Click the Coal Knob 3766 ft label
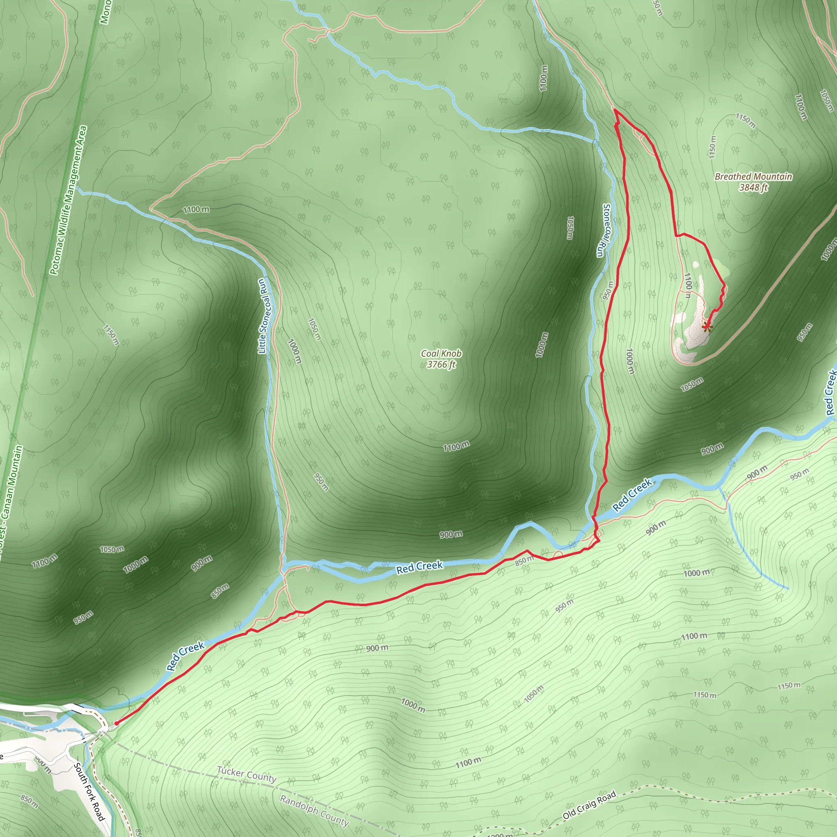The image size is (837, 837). pos(441,359)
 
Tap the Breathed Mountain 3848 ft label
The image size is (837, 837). pos(753,182)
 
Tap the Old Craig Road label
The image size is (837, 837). pos(589,805)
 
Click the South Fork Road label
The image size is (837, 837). pos(89,792)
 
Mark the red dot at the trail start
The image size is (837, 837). pos(116,723)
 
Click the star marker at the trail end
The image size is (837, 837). pos(707,326)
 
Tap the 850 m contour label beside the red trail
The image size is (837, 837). pos(524,561)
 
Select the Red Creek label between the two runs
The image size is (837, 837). pos(419,567)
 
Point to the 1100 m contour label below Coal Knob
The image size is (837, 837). pos(456,446)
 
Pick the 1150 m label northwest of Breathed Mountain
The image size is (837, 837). pos(745,121)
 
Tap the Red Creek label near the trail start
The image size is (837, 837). pos(186,656)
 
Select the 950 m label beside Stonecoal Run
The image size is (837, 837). pos(608,291)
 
